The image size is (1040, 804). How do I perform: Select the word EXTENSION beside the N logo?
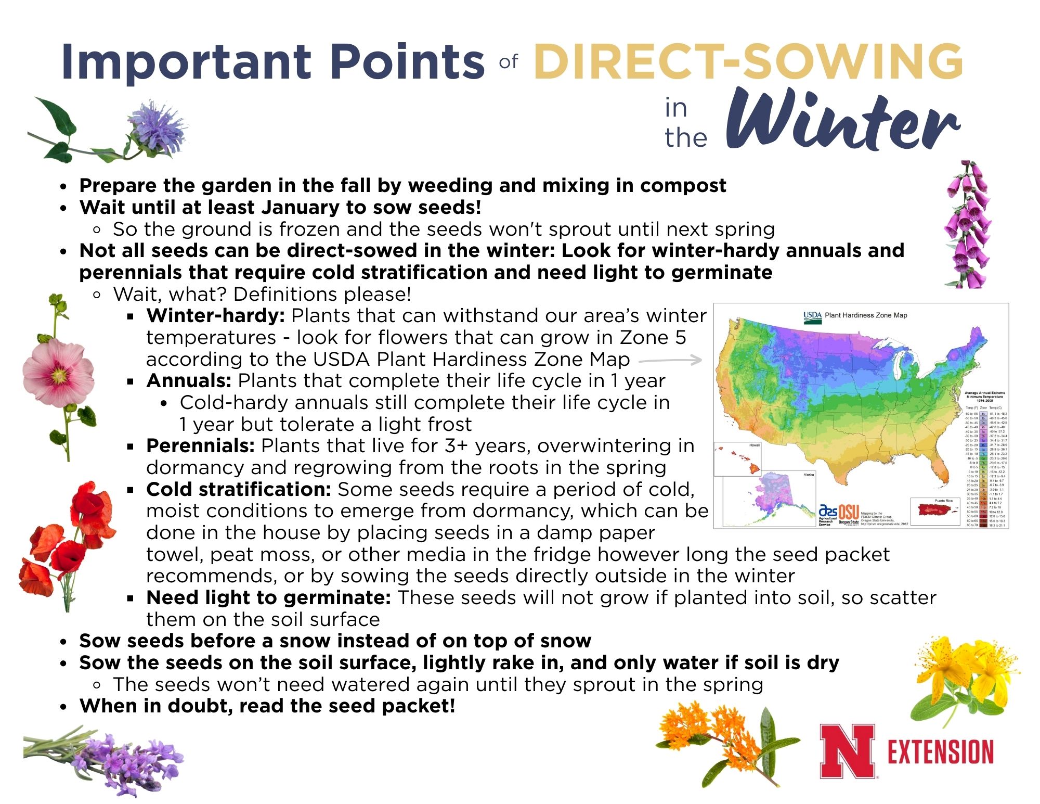(940, 752)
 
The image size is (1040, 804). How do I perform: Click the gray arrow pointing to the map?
(671, 360)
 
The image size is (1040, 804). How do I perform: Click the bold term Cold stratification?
(239, 489)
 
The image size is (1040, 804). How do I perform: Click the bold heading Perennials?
(200, 446)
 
